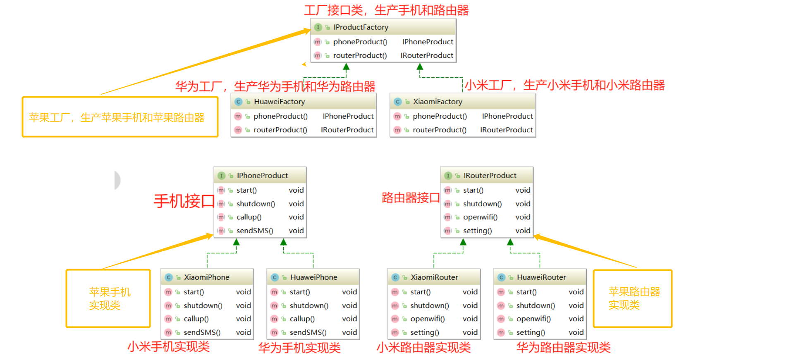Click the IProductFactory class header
click(x=361, y=27)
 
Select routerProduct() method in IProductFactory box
click(x=360, y=55)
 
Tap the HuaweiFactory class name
click(x=279, y=102)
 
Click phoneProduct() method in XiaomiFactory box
click(x=440, y=116)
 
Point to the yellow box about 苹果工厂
click(x=120, y=117)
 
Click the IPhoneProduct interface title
click(x=262, y=176)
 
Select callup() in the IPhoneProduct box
click(x=249, y=217)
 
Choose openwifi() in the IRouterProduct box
click(x=480, y=217)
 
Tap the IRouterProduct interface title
click(x=490, y=176)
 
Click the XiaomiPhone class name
click(x=206, y=277)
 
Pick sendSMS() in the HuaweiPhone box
click(x=308, y=332)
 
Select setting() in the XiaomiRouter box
click(x=424, y=332)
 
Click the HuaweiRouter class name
click(x=541, y=277)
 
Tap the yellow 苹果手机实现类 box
click(x=108, y=298)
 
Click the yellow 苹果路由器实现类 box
click(x=632, y=298)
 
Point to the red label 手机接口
click(x=184, y=201)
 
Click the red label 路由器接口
click(x=410, y=198)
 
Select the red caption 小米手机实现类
click(x=168, y=346)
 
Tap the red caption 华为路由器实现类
click(x=563, y=348)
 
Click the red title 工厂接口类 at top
click(x=386, y=10)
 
